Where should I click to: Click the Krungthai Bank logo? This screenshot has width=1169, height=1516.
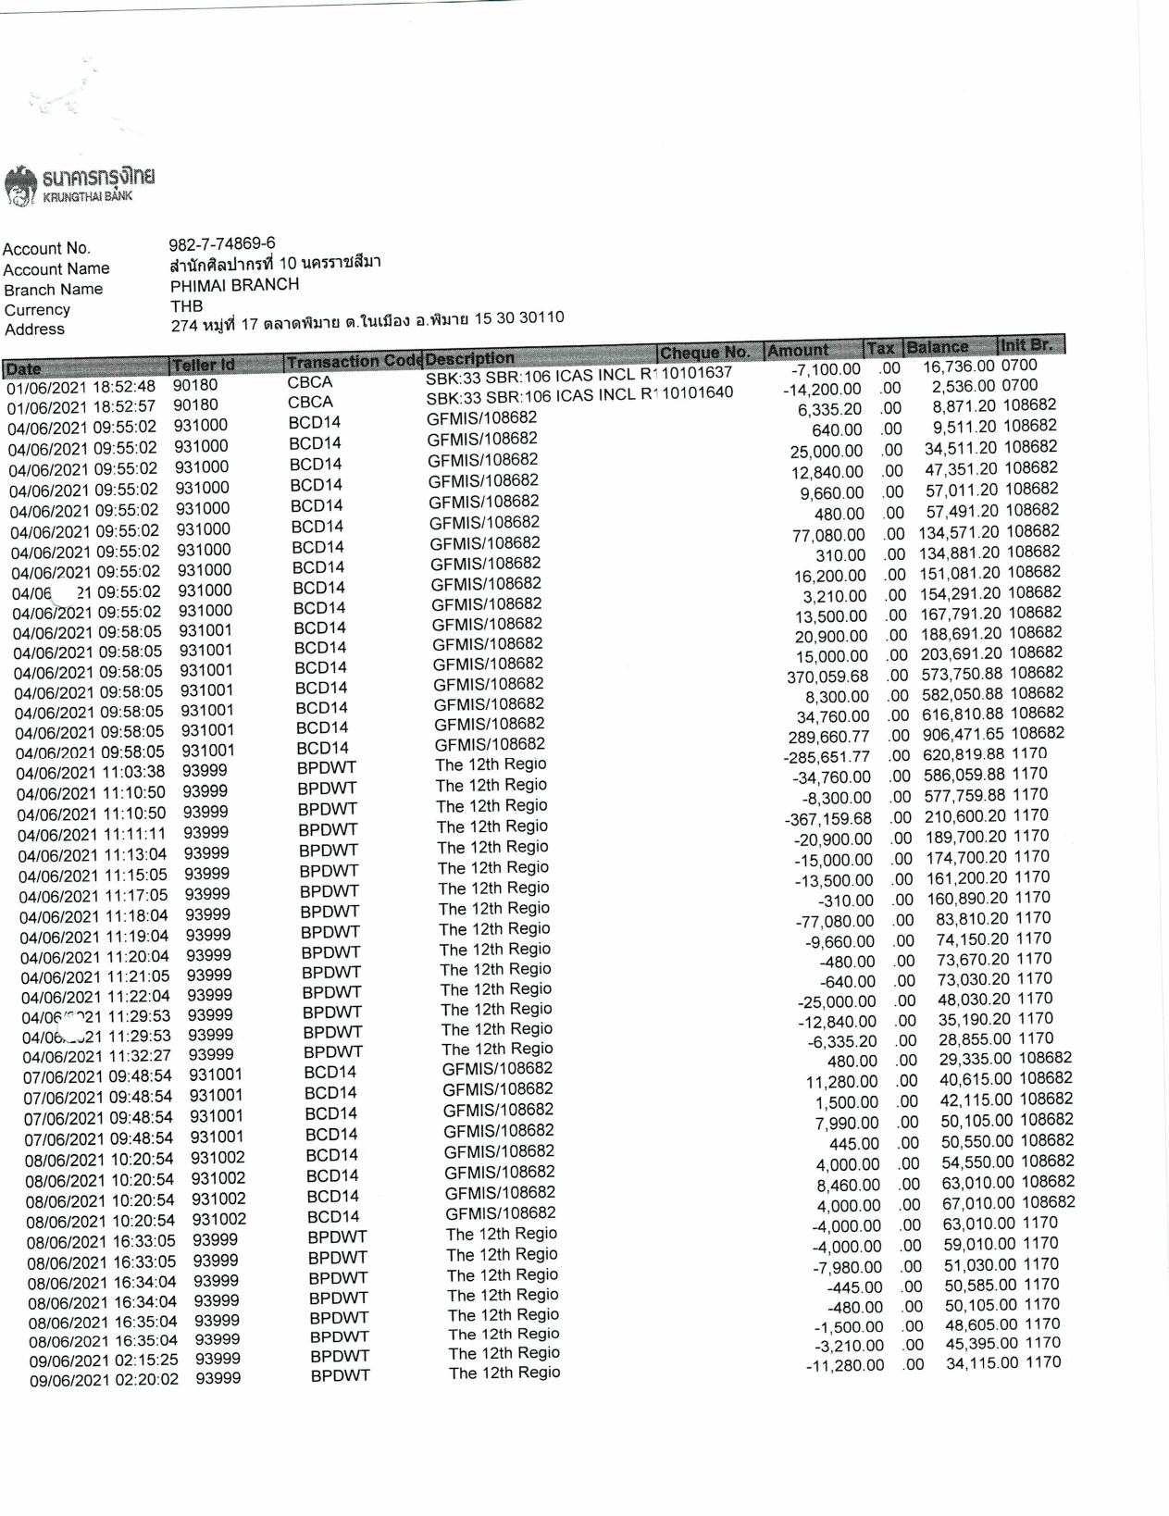coord(80,183)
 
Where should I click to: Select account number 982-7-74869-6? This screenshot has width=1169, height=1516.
coord(221,244)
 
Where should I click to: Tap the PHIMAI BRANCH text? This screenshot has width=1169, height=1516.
coord(234,285)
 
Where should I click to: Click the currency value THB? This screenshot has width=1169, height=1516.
coord(186,305)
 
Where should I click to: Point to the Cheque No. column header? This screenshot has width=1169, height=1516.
coord(704,353)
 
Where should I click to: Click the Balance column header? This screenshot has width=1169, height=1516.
coord(937,347)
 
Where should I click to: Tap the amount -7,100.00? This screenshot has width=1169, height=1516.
coord(821,369)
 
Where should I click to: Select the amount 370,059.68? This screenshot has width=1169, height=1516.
coord(827,677)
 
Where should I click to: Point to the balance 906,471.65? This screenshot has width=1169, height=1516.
coord(963,734)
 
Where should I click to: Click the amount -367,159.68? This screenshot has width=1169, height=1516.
coord(828,819)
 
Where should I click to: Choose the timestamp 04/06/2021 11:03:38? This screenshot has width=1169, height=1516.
coord(91,772)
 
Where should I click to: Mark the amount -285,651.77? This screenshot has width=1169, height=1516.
coord(827,757)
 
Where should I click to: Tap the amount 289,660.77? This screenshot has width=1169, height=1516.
coord(828,737)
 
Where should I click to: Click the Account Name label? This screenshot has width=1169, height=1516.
coord(56,269)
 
